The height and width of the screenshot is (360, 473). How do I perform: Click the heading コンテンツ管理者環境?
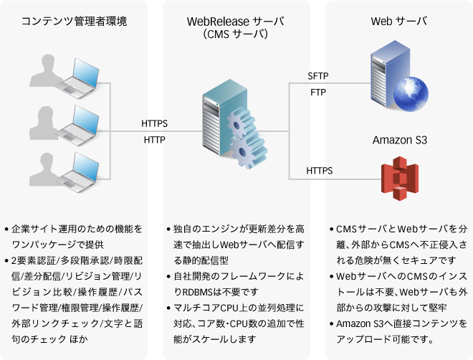pos(75,22)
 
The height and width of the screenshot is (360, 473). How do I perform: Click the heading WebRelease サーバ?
pos(236,21)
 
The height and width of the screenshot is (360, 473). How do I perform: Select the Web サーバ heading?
pos(399,21)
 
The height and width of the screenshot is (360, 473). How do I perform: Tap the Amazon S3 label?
pos(399,140)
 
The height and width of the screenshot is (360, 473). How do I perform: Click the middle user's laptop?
pos(82,120)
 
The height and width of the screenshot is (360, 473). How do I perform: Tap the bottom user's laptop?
pos(82,166)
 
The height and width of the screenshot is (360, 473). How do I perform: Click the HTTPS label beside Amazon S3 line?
pos(319,171)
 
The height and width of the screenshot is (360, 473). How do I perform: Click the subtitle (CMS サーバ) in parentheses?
pos(236,34)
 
